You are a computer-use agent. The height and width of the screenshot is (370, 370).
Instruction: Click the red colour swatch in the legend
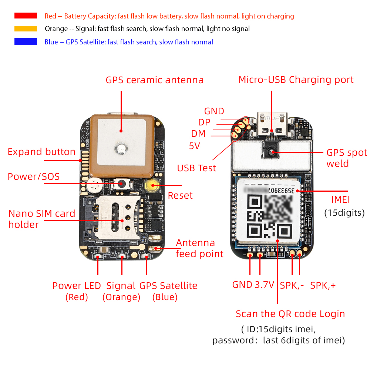pyautogui.click(x=26, y=16)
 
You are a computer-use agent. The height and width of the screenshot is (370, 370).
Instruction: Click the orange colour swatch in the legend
pyautogui.click(x=26, y=28)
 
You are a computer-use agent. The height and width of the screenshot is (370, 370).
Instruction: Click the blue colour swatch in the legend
pyautogui.click(x=26, y=41)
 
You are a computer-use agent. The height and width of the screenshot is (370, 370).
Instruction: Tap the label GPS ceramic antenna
pyautogui.click(x=154, y=80)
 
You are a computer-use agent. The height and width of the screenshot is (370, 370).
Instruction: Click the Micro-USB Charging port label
pyautogui.click(x=296, y=80)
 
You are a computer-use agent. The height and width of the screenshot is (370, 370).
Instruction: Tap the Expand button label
pyautogui.click(x=41, y=152)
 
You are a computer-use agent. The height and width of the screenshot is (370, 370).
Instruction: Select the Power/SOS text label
pyautogui.click(x=34, y=176)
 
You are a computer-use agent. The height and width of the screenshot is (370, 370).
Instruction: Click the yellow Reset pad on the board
pyautogui.click(x=151, y=185)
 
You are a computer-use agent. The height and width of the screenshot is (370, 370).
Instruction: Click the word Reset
pyautogui.click(x=180, y=195)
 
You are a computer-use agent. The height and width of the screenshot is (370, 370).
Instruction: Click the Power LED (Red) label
pyautogui.click(x=77, y=291)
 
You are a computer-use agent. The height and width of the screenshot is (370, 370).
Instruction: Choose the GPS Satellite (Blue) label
pyautogui.click(x=168, y=291)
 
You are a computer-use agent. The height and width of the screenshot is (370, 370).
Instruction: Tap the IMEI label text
pyautogui.click(x=340, y=200)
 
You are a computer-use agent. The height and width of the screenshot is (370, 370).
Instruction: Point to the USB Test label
pyautogui.click(x=196, y=168)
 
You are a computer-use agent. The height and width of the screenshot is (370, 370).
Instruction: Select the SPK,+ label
pyautogui.click(x=323, y=285)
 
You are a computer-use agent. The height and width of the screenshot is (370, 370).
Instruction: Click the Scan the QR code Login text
pyautogui.click(x=290, y=314)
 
